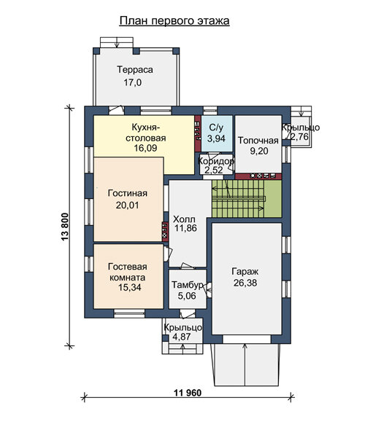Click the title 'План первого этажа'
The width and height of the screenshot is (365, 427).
click(174, 21)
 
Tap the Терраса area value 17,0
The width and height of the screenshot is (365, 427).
click(133, 82)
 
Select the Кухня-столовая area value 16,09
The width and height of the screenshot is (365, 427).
click(145, 148)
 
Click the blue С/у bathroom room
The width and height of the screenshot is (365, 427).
click(217, 133)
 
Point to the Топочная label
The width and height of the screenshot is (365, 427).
click(258, 141)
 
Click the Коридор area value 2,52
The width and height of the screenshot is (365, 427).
click(214, 171)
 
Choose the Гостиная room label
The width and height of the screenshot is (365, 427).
click(128, 193)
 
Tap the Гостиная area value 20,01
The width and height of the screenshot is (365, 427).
click(128, 205)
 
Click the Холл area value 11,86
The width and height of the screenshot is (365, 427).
click(185, 228)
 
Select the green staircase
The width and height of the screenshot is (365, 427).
click(247, 199)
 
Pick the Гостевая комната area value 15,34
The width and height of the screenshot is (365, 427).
click(130, 287)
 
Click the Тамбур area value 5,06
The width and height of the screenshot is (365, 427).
click(187, 296)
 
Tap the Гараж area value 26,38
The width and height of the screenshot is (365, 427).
click(245, 283)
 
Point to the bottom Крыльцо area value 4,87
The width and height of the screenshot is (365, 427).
click(182, 337)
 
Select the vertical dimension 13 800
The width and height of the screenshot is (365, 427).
click(65, 227)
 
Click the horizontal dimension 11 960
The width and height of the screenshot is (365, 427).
click(188, 393)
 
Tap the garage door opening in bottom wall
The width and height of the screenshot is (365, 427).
click(247, 339)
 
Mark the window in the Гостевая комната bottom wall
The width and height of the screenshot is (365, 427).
click(129, 313)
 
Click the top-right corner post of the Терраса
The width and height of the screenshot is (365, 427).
click(176, 51)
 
